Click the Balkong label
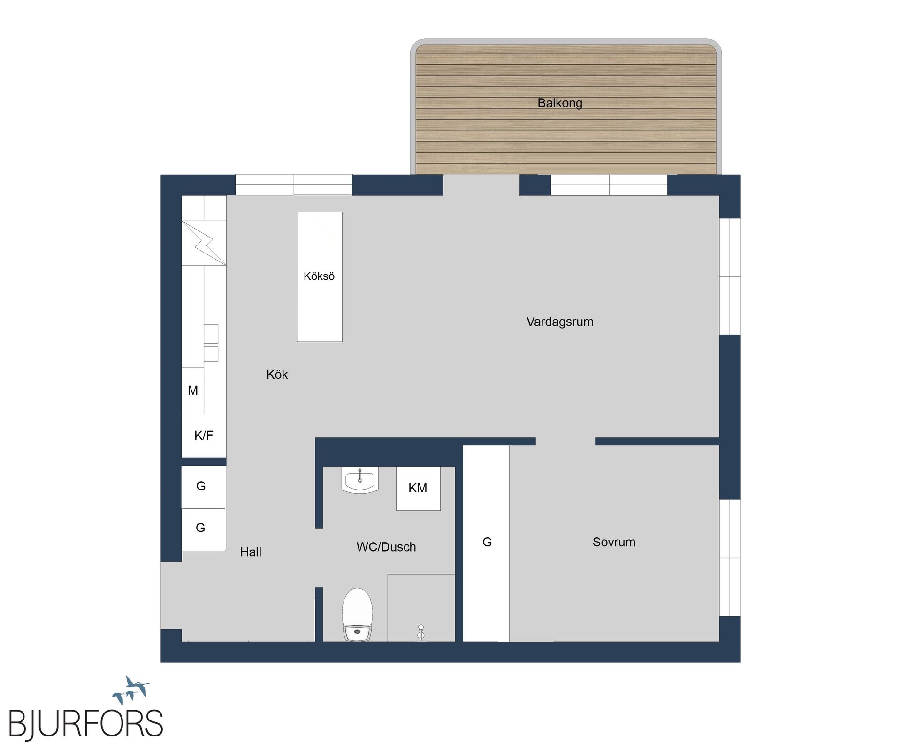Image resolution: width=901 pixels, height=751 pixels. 559,103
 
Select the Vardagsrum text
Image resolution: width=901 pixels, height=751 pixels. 559,322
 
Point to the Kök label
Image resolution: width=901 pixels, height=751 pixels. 277,375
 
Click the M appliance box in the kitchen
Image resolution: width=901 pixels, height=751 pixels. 193,391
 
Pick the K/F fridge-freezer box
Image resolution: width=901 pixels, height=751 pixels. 204,436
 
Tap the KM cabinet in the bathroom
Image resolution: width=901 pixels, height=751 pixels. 418,488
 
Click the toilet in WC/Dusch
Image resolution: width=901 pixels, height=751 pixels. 358,615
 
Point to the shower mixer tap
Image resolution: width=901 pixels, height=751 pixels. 421,633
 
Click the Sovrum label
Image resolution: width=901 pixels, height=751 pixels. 614,542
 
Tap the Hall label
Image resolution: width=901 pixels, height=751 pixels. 251,552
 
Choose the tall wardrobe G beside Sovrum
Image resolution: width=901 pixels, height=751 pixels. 487,543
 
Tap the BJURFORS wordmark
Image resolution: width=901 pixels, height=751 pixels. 86,724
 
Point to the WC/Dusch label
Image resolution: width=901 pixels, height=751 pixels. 386,547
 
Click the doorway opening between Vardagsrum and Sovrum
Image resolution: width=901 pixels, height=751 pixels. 565,441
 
